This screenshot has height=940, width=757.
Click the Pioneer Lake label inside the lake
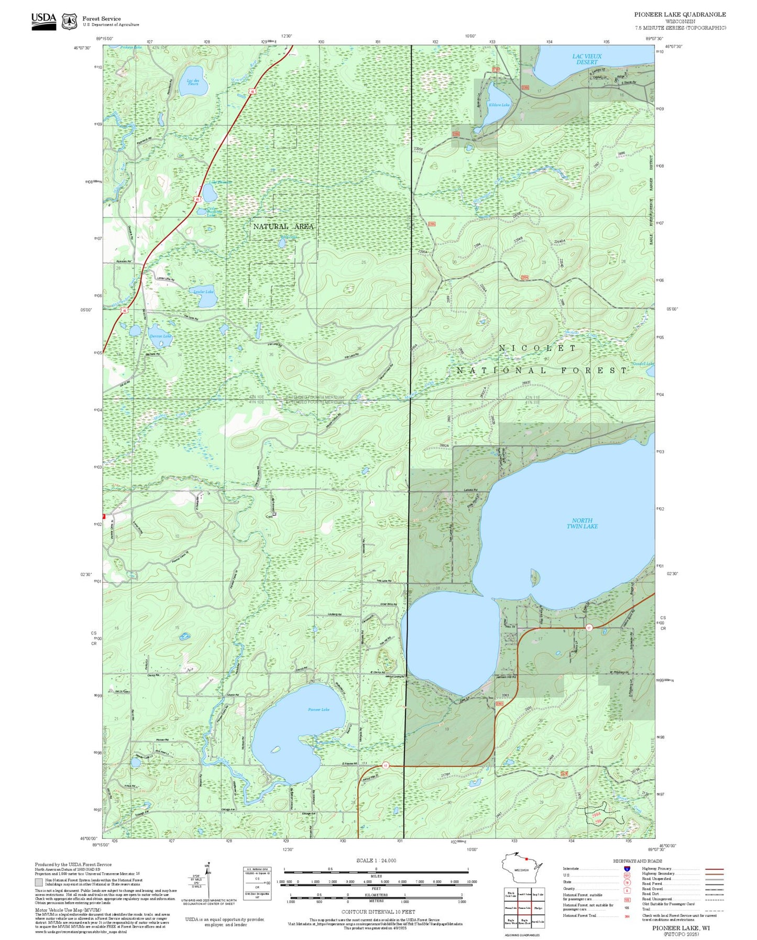coord(319,709)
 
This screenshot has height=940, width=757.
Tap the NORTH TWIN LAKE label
coord(582,523)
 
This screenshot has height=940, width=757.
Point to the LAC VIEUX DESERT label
coord(587,59)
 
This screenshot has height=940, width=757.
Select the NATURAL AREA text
coord(283,226)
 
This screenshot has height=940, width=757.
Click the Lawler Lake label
coord(203,292)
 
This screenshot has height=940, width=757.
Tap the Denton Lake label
coord(160,336)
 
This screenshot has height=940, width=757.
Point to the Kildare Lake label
coord(499,105)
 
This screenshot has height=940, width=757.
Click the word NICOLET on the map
coord(537,348)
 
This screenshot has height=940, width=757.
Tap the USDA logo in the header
coord(43,20)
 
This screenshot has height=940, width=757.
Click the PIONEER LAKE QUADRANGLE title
coord(680,15)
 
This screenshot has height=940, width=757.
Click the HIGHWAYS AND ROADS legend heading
coord(638,861)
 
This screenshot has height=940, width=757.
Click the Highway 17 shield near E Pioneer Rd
coord(385,766)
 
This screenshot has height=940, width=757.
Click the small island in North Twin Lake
coord(534,575)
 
